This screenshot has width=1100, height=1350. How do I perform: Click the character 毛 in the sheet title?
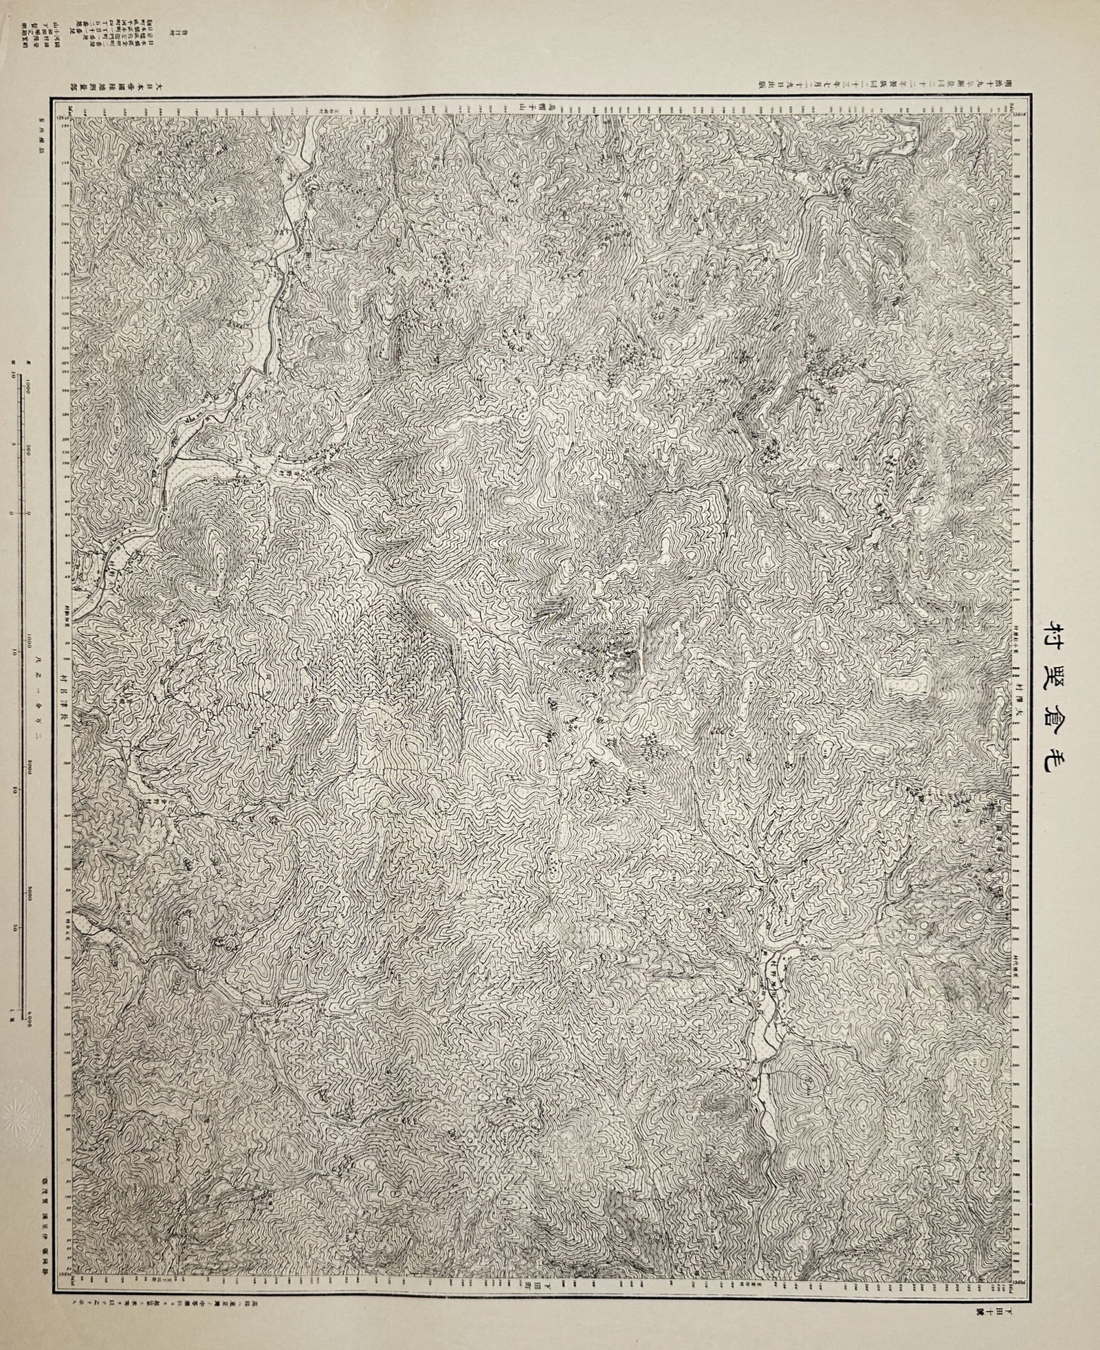tap(1057, 761)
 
